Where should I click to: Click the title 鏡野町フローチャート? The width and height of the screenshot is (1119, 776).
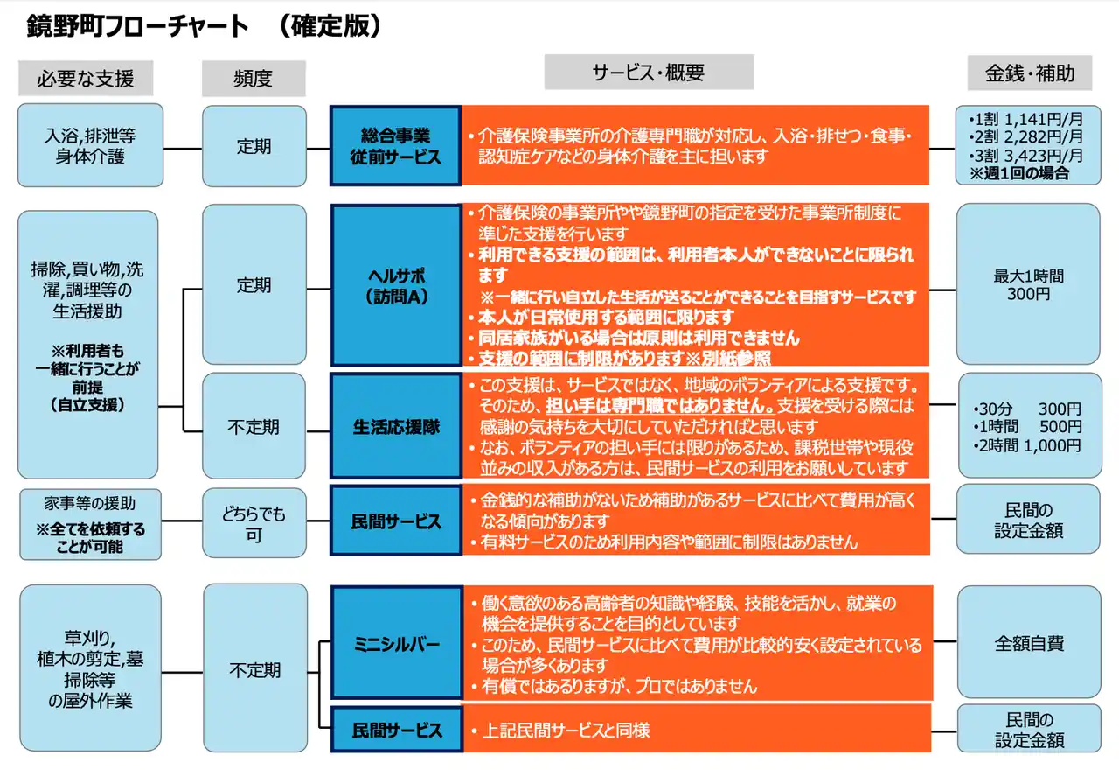click(138, 27)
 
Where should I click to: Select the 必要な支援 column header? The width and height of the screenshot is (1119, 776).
click(85, 78)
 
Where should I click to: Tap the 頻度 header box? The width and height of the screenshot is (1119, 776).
click(253, 78)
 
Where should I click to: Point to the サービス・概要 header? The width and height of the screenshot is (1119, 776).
click(648, 73)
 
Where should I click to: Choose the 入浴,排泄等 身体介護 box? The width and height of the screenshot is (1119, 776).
click(90, 146)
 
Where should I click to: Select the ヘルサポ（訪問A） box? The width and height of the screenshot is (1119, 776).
click(395, 285)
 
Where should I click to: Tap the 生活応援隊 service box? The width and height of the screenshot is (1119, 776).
click(395, 428)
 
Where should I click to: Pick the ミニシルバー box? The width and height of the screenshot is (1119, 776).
click(396, 644)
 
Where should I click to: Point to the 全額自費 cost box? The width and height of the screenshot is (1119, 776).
click(1029, 643)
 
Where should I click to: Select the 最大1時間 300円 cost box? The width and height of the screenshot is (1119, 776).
click(1028, 285)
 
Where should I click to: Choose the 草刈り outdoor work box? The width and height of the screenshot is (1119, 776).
click(90, 669)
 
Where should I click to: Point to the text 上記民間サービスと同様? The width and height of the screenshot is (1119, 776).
click(566, 730)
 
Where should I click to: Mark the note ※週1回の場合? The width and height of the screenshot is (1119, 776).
click(1018, 174)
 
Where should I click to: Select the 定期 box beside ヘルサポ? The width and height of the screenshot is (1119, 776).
click(254, 285)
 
